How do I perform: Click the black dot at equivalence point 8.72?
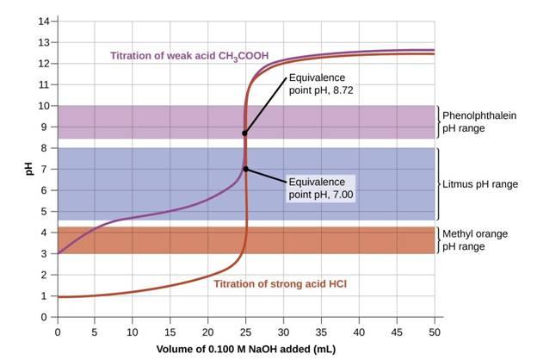click(245, 133)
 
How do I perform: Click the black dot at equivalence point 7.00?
click(245, 169)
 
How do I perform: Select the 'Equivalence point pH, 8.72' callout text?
click(319, 83)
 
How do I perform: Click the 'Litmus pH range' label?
click(480, 184)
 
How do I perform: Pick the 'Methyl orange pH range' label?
click(474, 239)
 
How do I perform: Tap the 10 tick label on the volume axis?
click(133, 331)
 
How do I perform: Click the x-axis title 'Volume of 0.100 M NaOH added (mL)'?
click(245, 350)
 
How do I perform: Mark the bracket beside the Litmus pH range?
click(438, 184)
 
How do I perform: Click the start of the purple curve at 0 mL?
click(59, 253)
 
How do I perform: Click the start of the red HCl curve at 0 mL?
click(59, 297)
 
